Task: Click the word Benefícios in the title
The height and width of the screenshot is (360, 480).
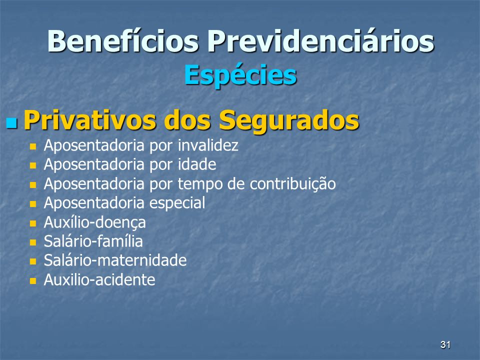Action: [x=123, y=41]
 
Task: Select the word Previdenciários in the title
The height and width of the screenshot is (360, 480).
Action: [x=321, y=41]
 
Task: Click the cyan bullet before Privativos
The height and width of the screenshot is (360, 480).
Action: [x=11, y=122]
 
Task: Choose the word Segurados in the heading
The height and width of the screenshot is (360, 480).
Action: [x=289, y=120]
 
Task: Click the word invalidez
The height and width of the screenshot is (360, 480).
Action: [x=208, y=145]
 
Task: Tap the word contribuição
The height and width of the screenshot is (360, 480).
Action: [x=292, y=184]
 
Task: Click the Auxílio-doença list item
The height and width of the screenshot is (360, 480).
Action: [x=95, y=222]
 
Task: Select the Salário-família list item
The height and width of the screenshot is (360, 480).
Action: [x=93, y=241]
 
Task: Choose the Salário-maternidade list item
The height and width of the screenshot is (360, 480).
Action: [x=115, y=260]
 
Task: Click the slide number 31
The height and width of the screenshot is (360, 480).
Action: [x=445, y=344]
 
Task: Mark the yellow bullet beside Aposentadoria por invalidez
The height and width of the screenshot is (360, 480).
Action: [x=33, y=146]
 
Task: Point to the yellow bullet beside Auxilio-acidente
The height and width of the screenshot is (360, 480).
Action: [x=33, y=281]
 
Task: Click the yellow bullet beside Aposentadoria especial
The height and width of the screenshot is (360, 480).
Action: [x=33, y=204]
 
